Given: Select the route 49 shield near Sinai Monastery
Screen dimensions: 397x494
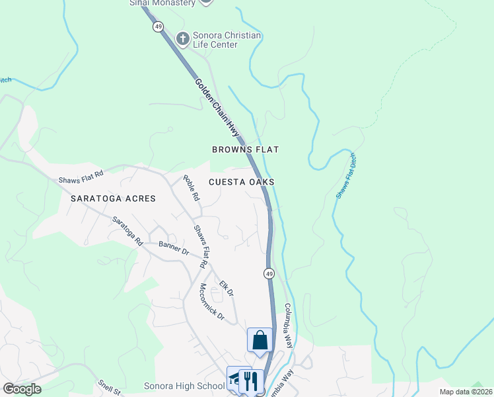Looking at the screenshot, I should pos(157,26).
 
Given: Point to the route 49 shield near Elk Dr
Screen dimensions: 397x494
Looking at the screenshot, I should pos(269,273).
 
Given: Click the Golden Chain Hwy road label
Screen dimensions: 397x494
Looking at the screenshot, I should pos(217,109).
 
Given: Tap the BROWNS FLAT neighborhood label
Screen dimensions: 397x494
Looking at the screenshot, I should pos(245,150).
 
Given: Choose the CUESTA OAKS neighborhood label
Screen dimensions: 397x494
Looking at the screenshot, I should pos(241,182).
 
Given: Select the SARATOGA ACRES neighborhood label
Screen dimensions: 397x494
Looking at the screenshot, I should pos(114,198).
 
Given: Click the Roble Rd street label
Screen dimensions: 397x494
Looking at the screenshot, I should pos(191,189).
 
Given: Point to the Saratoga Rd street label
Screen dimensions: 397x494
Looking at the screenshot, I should pos(127,232).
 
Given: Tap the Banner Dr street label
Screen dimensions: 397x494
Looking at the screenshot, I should pos(174,248).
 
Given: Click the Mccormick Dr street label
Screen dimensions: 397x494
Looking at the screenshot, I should pos(212,302).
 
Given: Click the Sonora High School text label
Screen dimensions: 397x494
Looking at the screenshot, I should pos(184,386).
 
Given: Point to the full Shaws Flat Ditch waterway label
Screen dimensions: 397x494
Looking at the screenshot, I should pos(346,175).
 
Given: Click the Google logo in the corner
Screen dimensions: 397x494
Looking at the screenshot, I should pos(22,389).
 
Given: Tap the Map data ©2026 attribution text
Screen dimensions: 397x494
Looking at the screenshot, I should pos(466,392).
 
